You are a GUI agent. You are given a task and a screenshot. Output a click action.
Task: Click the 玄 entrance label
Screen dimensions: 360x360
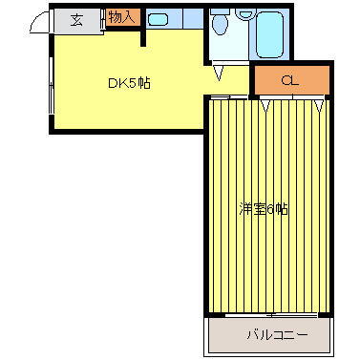(x=75, y=19)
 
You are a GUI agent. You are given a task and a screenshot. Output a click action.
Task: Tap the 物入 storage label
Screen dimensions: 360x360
(x=121, y=17)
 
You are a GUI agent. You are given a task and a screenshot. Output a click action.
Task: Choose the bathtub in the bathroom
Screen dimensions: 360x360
(x=268, y=34)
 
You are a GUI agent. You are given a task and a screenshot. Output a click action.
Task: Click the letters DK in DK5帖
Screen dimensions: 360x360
(x=115, y=83)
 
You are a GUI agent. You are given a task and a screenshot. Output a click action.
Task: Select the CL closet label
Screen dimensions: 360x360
(x=290, y=81)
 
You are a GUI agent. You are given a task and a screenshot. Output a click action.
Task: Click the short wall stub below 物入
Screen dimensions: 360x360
(x=143, y=36)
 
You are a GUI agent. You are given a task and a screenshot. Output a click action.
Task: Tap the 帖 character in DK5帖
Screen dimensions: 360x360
(x=143, y=83)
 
